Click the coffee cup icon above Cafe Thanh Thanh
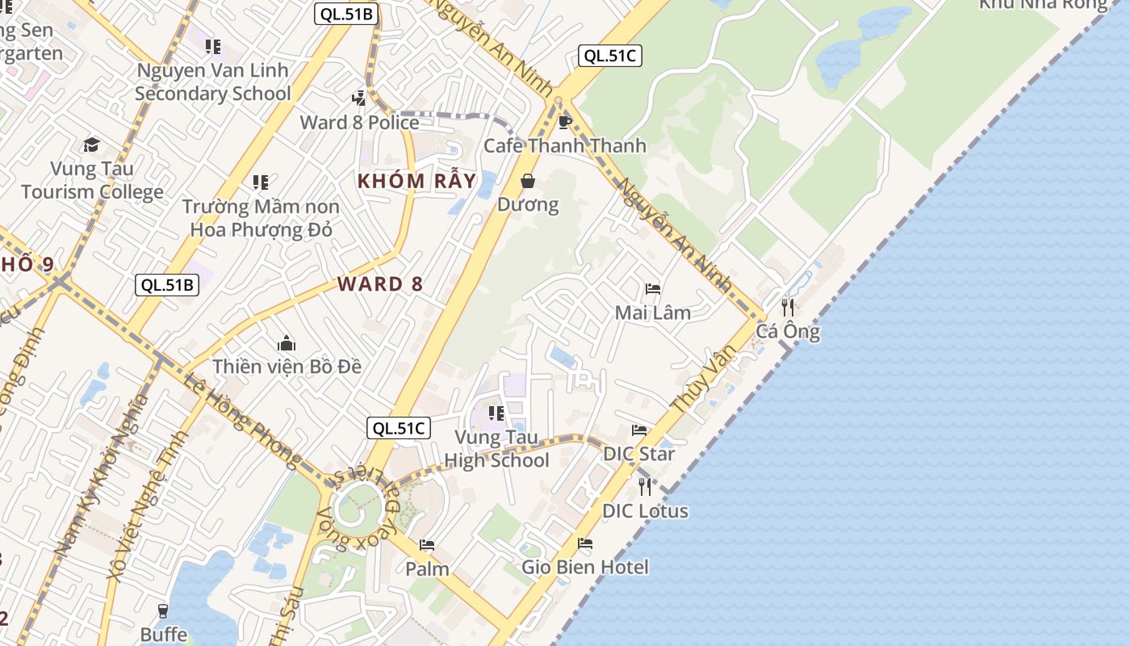tap(565, 122)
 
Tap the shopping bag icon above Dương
tap(528, 181)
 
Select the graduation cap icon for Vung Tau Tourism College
tap(91, 145)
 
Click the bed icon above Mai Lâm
tap(653, 289)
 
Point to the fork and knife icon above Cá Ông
tap(788, 307)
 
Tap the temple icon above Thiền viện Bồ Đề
tap(286, 344)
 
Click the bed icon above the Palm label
tap(427, 546)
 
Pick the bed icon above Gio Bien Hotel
tap(585, 543)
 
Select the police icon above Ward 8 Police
tap(359, 99)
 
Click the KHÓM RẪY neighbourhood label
tap(416, 181)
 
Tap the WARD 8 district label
tap(381, 284)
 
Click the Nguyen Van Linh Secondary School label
tap(213, 82)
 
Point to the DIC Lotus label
tap(645, 511)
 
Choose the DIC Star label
tap(639, 454)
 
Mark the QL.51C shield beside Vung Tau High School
tap(398, 428)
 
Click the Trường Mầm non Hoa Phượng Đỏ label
tap(261, 218)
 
